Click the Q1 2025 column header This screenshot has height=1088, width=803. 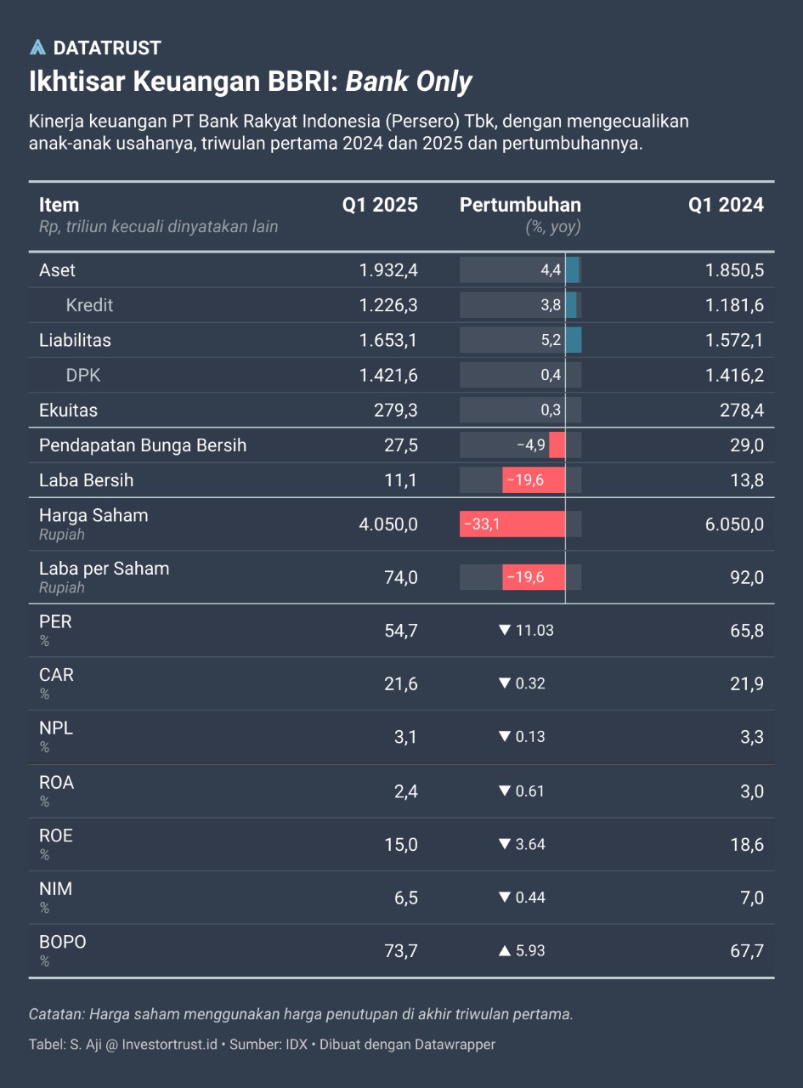pos(380,205)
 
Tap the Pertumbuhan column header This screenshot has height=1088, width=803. pos(520,205)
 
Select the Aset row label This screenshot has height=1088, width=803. pos(57,270)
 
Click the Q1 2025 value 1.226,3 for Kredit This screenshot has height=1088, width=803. pos(388,305)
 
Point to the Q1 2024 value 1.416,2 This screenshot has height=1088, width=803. pos(734,375)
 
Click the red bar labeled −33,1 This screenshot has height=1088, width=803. pos(512,524)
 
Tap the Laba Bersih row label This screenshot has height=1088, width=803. pos(86,480)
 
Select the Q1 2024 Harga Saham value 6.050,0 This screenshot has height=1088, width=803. pos(734,524)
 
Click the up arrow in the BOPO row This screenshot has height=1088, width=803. pos(505,950)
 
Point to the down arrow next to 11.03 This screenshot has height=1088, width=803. pos(505,631)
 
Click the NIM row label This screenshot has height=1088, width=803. pos(55,889)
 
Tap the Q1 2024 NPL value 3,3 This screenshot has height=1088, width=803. pos(752,737)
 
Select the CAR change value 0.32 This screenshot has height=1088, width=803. pos(530,683)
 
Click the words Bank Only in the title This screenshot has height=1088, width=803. pos(409,82)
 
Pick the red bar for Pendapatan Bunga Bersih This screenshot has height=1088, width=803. pos(557,445)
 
